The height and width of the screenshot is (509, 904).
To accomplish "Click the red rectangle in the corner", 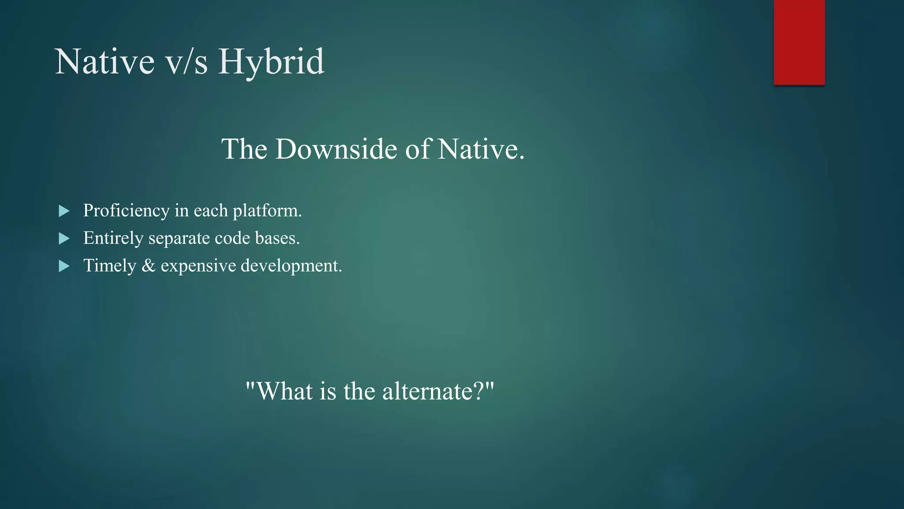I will (799, 42).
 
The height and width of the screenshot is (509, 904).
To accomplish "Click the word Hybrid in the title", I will (271, 62).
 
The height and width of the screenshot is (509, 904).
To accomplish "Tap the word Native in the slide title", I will (105, 62).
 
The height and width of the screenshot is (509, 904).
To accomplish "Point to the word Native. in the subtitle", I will (481, 149).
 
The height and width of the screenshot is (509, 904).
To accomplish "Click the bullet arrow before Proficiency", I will (64, 211).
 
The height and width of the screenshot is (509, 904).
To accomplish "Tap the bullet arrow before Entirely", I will (64, 239).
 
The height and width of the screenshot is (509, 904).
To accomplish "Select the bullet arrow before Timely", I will (64, 266).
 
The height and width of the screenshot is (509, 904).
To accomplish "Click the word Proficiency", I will (126, 211).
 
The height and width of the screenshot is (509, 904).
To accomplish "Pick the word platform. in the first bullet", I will (267, 211).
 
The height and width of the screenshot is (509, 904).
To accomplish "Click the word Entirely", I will (113, 238).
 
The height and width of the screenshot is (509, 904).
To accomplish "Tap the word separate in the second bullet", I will (179, 239).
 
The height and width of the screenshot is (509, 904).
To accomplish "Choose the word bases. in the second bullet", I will (277, 238).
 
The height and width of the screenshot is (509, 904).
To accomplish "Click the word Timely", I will (110, 266).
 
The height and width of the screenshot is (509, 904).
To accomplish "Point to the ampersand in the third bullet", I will (148, 266).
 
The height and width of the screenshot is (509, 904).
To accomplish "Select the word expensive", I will (198, 266).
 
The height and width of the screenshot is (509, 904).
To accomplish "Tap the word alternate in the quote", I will (426, 391).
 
